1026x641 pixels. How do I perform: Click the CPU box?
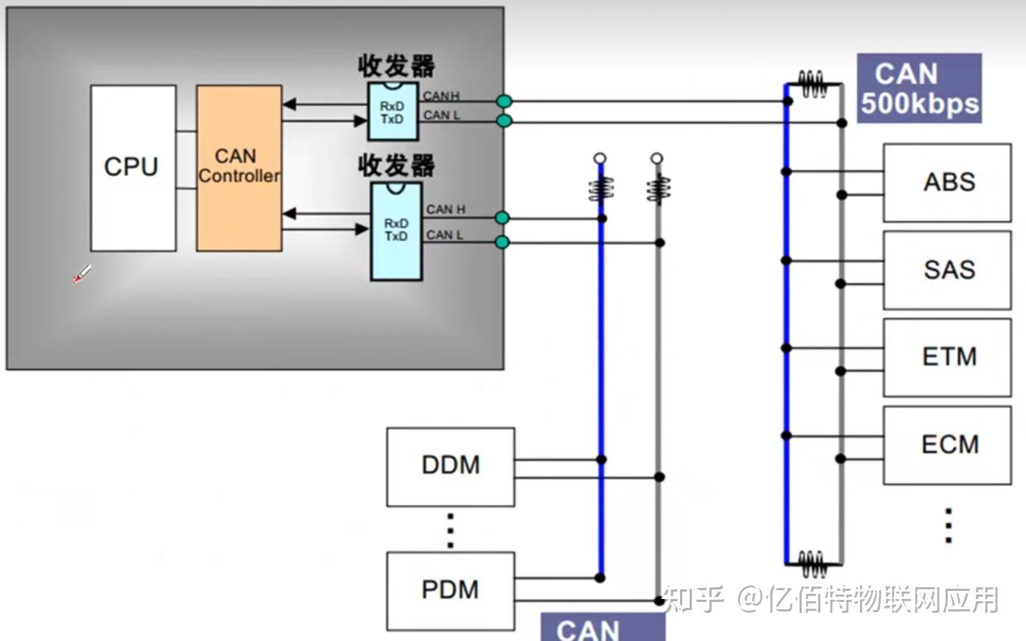coord(133,168)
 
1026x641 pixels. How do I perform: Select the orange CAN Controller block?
coord(238,168)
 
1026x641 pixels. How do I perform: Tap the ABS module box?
coord(947,182)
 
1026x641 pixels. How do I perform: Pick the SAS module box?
coord(947,270)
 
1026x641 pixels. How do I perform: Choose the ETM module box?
coord(947,357)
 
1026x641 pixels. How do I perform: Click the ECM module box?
coord(947,444)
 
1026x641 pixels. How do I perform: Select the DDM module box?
coord(450,466)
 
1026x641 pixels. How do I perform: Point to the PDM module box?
coord(450,590)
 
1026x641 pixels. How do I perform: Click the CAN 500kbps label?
coord(919,88)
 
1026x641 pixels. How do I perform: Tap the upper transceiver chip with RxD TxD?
coord(393,112)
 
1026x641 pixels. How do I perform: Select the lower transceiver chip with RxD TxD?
coord(396,231)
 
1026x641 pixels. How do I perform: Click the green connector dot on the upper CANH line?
coord(505,102)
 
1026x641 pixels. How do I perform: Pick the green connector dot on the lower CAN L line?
coord(502,242)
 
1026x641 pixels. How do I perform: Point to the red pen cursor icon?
coord(81,274)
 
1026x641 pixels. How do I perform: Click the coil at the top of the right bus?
coord(813,84)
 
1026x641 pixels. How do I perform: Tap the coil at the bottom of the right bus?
coord(813,564)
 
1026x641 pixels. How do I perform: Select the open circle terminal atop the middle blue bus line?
coord(600,158)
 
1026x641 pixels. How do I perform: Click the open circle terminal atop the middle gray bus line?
coord(657,158)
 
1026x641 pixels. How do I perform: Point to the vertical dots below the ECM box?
coord(949,525)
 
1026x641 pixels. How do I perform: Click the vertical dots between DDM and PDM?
coord(450,530)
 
